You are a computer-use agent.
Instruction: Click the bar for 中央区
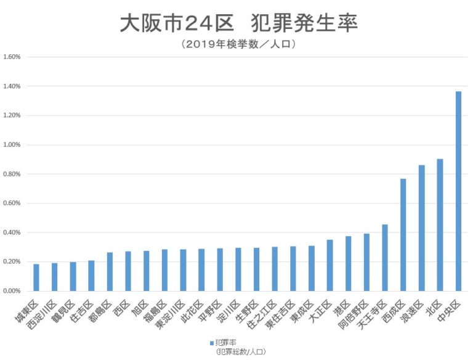point(458,191)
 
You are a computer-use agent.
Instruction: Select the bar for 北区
point(440,225)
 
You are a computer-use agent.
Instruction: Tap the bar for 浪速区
point(421,228)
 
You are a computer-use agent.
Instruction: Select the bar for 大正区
point(329,265)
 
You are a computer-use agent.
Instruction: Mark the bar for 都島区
point(110,272)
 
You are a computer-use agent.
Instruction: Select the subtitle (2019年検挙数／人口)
point(236,44)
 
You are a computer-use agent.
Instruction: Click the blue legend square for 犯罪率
point(211,342)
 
